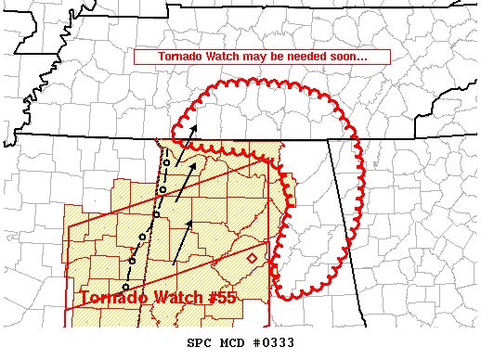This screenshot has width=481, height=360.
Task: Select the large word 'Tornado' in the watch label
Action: point(114,298)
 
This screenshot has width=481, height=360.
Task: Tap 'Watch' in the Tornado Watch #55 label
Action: point(176,298)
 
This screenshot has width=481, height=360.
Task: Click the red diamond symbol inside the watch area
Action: point(252,257)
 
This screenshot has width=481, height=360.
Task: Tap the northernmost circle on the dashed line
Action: point(165,162)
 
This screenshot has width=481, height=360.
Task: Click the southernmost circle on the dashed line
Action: point(125,287)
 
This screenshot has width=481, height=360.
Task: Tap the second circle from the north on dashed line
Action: point(162,189)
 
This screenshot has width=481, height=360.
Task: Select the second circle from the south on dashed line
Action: point(133,261)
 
